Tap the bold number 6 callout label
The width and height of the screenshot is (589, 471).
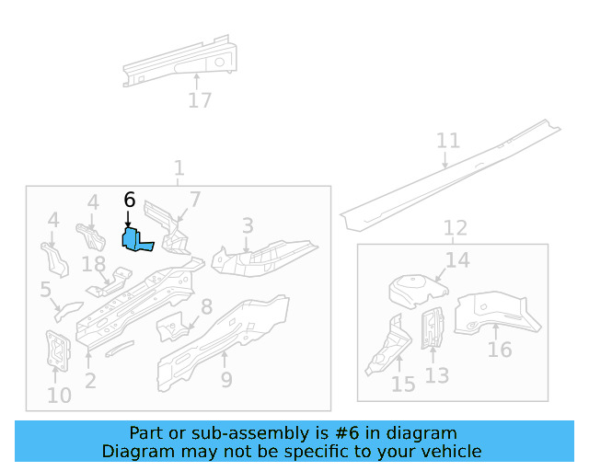click(x=129, y=200)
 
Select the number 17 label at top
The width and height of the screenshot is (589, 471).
click(x=200, y=101)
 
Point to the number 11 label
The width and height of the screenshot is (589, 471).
click(x=447, y=141)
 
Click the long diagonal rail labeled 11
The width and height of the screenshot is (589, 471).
click(x=451, y=174)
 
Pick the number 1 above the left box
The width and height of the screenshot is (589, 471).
click(x=179, y=168)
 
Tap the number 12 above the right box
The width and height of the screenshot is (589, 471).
click(x=455, y=227)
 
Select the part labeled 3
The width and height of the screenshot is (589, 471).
click(x=262, y=257)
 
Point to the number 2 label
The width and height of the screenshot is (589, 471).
click(x=89, y=380)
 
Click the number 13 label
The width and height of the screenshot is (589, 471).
click(x=437, y=375)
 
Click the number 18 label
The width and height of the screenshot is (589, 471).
click(x=94, y=265)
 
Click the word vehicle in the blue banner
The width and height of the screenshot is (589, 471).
click(x=447, y=451)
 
